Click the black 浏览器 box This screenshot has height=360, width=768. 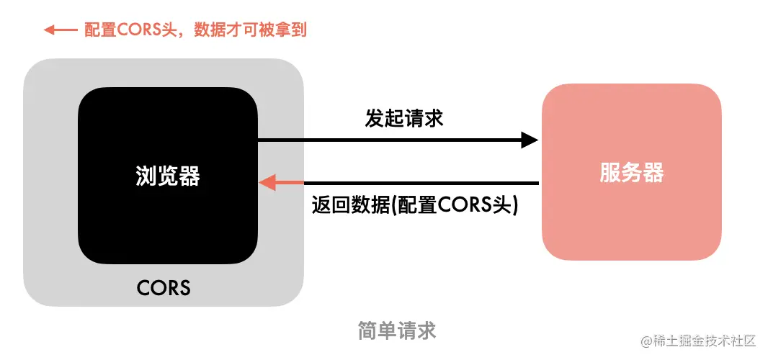pyautogui.click(x=167, y=223)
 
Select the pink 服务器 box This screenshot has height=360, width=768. pyautogui.click(x=631, y=216)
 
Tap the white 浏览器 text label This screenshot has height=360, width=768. pyautogui.click(x=167, y=176)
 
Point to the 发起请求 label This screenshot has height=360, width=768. pyautogui.click(x=403, y=119)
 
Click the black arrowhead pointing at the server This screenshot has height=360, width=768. pyautogui.click(x=530, y=140)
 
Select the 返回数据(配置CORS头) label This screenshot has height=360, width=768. pyautogui.click(x=415, y=204)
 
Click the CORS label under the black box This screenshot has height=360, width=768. pyautogui.click(x=164, y=288)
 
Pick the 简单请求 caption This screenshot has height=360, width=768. pyautogui.click(x=397, y=330)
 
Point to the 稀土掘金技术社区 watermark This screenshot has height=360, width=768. pyautogui.click(x=698, y=341)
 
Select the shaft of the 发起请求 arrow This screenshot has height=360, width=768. pyautogui.click(x=389, y=140)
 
